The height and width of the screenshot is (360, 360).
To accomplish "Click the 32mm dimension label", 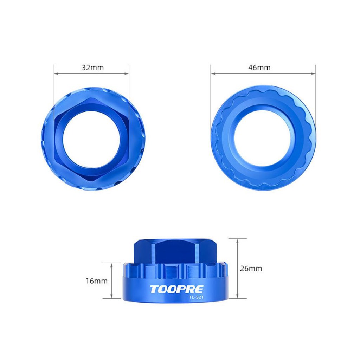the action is coord(93,68).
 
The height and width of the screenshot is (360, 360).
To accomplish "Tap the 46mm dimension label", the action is coord(259,67).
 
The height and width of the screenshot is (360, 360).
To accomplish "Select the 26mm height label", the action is coord(251,268).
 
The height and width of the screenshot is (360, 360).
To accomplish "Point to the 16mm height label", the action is coord(97,281).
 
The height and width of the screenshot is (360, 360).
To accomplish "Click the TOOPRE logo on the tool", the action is coord(176,289).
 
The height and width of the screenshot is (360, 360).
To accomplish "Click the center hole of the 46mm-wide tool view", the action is coord(262,139).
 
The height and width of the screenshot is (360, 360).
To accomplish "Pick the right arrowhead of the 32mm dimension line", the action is coord(127,73).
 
